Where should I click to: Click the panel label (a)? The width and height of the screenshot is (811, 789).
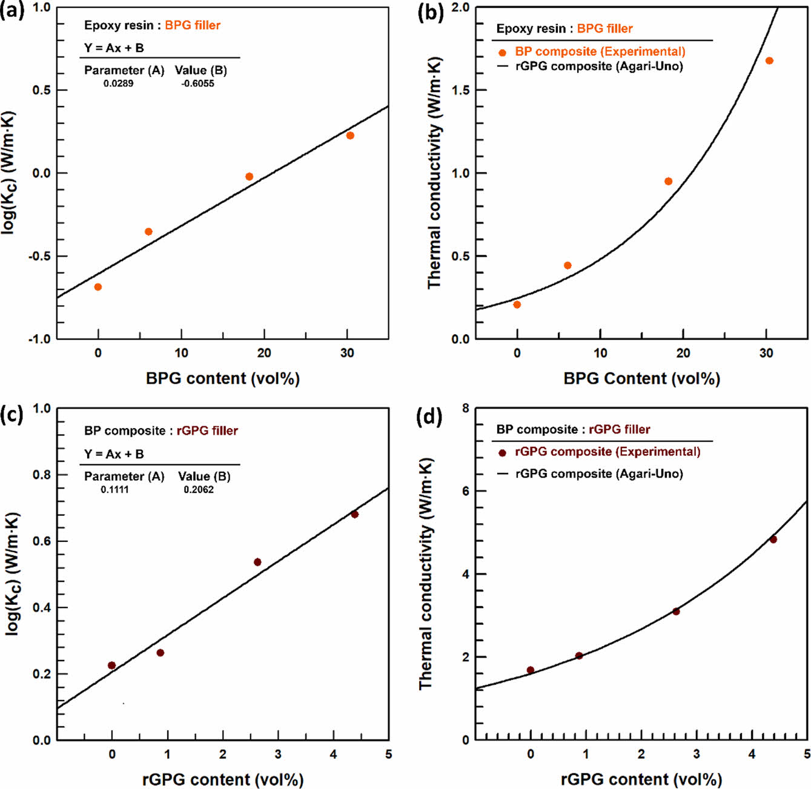(x=12, y=12)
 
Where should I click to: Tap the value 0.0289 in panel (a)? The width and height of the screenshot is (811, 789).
(x=118, y=84)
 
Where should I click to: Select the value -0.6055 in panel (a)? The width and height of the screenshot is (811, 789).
(x=197, y=84)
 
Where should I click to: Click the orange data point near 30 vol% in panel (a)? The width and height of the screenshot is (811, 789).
(x=350, y=136)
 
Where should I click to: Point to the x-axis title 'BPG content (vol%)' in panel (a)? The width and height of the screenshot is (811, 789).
(x=222, y=378)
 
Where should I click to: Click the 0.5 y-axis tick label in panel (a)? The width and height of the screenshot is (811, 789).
(x=41, y=90)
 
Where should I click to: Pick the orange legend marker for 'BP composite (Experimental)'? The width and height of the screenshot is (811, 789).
(x=502, y=53)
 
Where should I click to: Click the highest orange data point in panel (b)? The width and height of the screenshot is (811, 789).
(x=769, y=61)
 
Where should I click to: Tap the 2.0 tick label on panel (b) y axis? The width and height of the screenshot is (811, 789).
(x=460, y=8)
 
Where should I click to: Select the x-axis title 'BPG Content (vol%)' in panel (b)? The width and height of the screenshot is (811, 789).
(x=641, y=378)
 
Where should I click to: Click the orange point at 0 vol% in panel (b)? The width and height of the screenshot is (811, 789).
(x=517, y=305)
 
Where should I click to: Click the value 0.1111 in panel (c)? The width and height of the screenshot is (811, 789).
(x=114, y=489)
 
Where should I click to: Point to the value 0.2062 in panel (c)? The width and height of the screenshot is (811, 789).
(x=199, y=489)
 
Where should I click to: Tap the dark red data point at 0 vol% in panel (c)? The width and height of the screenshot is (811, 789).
(x=111, y=665)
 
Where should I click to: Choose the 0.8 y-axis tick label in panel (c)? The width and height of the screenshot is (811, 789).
(x=41, y=475)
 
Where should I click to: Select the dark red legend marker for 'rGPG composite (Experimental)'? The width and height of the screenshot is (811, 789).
(x=502, y=452)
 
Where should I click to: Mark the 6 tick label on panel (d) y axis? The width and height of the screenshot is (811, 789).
(x=466, y=491)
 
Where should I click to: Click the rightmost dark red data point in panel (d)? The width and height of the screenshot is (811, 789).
(x=773, y=540)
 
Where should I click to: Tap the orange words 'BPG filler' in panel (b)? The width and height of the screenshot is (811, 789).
(x=604, y=28)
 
